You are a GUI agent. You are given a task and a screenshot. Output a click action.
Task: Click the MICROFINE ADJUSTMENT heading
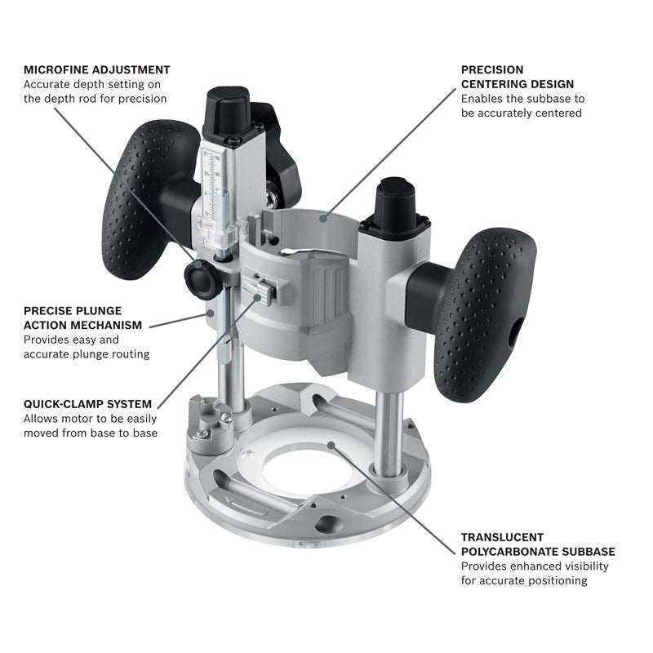(x=96, y=69)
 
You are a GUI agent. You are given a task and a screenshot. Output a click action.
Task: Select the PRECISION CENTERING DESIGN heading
(x=517, y=77)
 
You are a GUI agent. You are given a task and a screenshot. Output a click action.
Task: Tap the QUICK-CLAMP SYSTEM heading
(x=87, y=403)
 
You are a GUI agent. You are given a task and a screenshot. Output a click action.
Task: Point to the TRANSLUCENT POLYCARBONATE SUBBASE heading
(x=537, y=544)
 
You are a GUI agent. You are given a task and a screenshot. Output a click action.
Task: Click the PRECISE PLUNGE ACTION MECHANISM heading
(x=82, y=318)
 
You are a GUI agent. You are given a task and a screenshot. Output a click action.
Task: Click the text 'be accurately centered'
(x=521, y=113)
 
